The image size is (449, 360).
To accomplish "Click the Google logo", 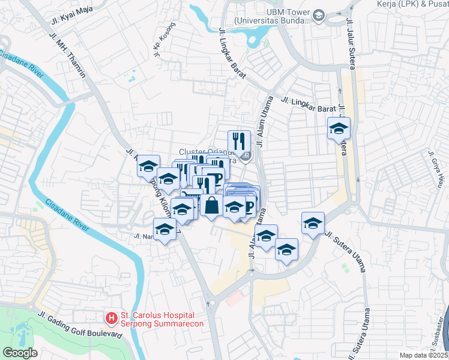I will [x=20, y=353].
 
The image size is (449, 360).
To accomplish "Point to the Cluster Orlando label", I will [x=202, y=152].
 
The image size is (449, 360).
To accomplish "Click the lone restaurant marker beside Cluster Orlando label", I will [x=239, y=141].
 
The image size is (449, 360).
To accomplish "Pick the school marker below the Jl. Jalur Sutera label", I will [x=339, y=128].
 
